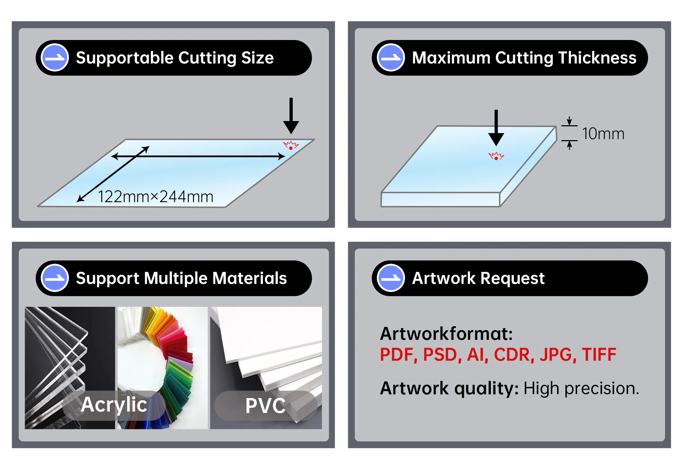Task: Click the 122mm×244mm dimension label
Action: pyautogui.click(x=155, y=197)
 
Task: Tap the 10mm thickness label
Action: pyautogui.click(x=603, y=134)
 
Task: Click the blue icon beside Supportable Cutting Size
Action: pyautogui.click(x=55, y=58)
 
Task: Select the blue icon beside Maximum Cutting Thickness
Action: pyautogui.click(x=391, y=58)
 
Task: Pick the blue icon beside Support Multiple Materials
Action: pyautogui.click(x=55, y=278)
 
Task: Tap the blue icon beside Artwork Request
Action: pyautogui.click(x=391, y=278)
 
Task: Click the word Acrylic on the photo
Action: pyautogui.click(x=114, y=404)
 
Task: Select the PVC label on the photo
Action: pyautogui.click(x=265, y=406)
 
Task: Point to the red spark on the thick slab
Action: pyautogui.click(x=496, y=156)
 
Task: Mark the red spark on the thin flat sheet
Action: pyautogui.click(x=291, y=145)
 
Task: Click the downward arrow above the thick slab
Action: pyautogui.click(x=496, y=127)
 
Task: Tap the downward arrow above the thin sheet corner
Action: pyautogui.click(x=291, y=115)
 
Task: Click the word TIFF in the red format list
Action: pyautogui.click(x=599, y=355)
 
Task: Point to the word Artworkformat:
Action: pyautogui.click(x=446, y=334)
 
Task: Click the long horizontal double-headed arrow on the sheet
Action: pyautogui.click(x=198, y=156)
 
